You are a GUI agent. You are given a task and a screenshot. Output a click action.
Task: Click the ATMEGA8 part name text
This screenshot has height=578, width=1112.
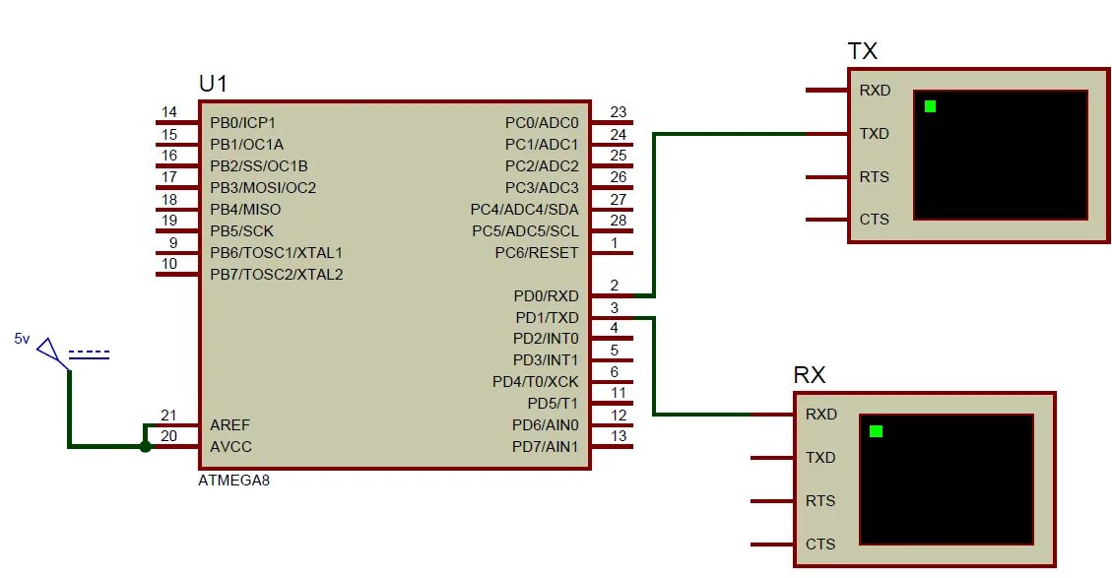point(233,482)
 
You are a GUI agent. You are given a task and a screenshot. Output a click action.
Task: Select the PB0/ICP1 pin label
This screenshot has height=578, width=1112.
point(242,123)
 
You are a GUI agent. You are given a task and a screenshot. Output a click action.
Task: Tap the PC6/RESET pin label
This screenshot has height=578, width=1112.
point(537,253)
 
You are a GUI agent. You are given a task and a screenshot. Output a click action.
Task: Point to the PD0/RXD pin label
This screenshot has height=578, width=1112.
point(546,296)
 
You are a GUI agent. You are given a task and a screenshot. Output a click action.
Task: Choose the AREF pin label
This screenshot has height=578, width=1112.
point(230,425)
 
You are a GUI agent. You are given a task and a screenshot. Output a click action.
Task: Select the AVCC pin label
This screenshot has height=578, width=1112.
point(230,447)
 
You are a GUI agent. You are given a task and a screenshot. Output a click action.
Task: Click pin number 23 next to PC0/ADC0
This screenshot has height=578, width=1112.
point(618,112)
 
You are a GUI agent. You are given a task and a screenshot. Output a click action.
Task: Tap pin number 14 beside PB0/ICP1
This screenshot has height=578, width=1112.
point(169,112)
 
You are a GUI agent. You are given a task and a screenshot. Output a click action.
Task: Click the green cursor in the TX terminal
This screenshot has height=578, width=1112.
point(930,106)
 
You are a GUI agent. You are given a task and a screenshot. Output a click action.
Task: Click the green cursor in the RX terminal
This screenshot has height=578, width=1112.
point(876,431)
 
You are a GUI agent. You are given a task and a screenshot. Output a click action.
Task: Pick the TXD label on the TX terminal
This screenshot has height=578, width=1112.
point(874,134)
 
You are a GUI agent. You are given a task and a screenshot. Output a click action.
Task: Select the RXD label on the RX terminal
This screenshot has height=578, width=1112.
point(820,415)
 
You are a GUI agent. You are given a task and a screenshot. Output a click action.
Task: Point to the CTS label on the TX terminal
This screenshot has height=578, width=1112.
point(874,220)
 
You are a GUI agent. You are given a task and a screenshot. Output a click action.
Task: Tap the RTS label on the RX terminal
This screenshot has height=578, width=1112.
point(820,501)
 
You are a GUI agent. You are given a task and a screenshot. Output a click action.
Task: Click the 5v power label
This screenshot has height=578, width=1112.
point(22,339)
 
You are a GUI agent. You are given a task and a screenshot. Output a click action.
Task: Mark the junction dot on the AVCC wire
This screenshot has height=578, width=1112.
point(146,447)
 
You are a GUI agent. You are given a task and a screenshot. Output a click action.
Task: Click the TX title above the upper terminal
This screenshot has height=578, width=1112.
point(862,51)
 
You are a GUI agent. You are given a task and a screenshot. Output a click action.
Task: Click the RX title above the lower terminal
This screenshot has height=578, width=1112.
point(809,375)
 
